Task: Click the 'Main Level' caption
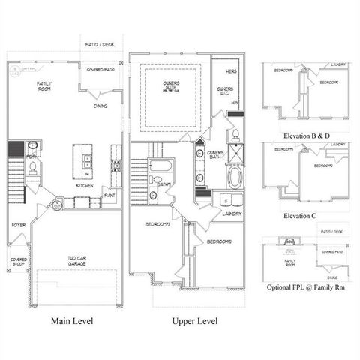(73, 321)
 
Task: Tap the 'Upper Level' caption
(194, 321)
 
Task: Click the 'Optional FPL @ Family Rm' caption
(305, 287)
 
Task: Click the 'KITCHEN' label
(84, 184)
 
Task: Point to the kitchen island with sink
(87, 160)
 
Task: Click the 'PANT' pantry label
(109, 196)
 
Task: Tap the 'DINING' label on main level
(100, 106)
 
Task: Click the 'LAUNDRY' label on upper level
(231, 214)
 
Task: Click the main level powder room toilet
(32, 169)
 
